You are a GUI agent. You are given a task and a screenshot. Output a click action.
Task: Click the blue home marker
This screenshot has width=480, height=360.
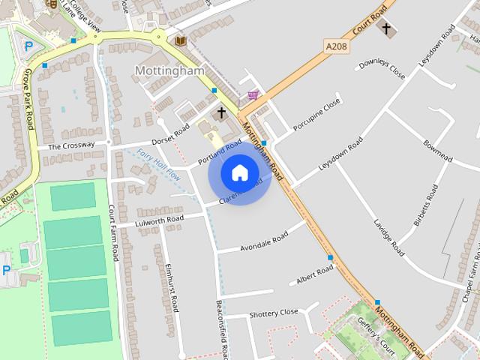pyautogui.click(x=239, y=172)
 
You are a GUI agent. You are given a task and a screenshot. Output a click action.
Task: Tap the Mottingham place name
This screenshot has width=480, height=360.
pyautogui.click(x=169, y=70)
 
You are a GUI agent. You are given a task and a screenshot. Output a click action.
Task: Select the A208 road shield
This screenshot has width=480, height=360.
pyautogui.click(x=337, y=46)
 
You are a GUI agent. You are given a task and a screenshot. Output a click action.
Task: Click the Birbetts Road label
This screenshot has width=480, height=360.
pyautogui.click(x=425, y=205)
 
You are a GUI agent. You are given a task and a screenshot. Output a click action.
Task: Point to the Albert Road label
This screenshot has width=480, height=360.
pyautogui.click(x=314, y=275)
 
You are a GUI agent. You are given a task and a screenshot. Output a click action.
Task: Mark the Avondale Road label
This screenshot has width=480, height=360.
pyautogui.click(x=263, y=241)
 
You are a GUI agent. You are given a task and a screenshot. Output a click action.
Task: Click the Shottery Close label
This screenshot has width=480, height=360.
pyautogui.click(x=274, y=313)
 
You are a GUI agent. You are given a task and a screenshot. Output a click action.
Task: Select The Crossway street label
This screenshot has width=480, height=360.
pyautogui.click(x=72, y=145)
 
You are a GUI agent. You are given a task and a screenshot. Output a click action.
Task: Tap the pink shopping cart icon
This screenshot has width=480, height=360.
pyautogui.click(x=253, y=95)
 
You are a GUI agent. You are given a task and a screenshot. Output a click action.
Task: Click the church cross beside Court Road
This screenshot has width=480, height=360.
pyautogui.click(x=386, y=29)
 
